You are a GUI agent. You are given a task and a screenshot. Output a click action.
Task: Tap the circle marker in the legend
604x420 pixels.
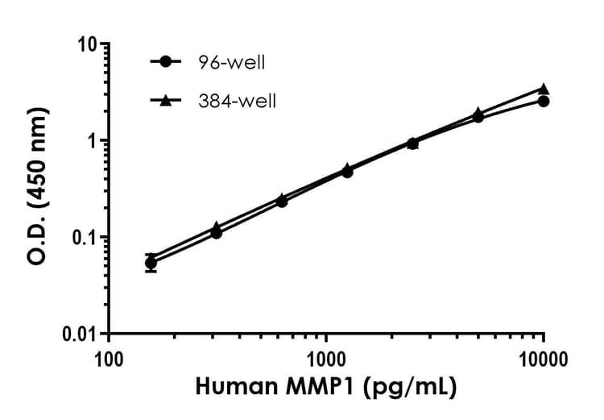pos(166,61)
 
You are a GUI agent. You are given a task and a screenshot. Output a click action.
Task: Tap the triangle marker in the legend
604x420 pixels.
pos(166,100)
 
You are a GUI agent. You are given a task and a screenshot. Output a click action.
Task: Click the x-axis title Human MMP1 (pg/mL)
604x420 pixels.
pos(326,389)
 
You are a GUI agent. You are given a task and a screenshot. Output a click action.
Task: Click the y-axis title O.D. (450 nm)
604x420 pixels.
pos(35,188)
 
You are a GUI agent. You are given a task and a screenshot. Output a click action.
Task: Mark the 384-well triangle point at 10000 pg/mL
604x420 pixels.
pos(544,89)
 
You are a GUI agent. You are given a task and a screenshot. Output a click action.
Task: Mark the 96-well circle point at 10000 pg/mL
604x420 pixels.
pos(544,101)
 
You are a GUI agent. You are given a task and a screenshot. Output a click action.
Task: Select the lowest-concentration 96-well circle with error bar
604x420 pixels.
pos(151,263)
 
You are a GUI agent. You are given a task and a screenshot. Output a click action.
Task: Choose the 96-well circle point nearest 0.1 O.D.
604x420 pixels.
pos(216,233)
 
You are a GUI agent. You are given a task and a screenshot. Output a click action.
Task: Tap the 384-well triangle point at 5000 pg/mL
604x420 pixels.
pos(478,113)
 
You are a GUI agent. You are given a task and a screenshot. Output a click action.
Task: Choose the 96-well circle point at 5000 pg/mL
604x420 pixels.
pos(478,118)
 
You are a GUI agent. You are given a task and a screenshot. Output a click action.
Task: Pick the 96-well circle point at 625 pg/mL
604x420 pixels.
pos(282,202)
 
